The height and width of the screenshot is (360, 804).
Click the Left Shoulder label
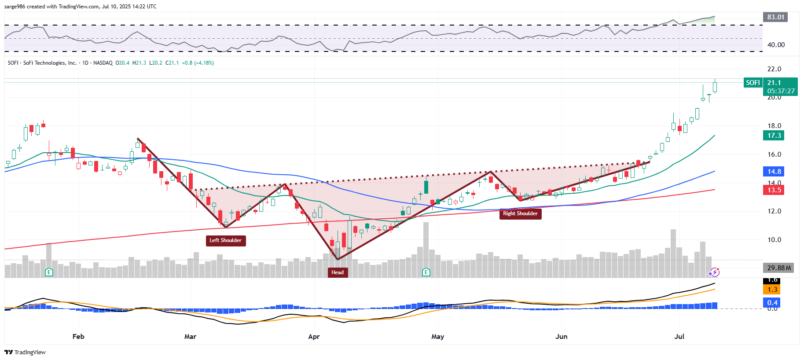[x=225, y=240]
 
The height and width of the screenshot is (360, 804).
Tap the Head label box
[x=338, y=272]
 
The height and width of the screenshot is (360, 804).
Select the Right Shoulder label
[x=520, y=213]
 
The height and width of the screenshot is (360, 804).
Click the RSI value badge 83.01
[x=775, y=17]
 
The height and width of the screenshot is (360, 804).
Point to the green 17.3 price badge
[x=774, y=136]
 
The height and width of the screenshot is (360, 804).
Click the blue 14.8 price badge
[x=774, y=172]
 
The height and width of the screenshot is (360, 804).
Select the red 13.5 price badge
[x=774, y=190]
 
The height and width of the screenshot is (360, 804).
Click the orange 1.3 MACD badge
[x=772, y=290]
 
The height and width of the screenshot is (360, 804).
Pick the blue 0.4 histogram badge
[x=772, y=302]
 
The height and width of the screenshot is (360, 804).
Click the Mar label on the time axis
[x=190, y=337]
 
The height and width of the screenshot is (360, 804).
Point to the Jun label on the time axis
[x=561, y=337]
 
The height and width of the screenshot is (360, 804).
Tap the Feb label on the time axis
[x=78, y=337]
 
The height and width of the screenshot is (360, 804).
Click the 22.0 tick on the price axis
[x=774, y=69]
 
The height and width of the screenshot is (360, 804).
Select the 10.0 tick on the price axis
[x=774, y=240]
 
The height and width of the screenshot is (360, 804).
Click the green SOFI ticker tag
[x=753, y=83]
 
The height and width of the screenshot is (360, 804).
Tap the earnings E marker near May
[x=426, y=272]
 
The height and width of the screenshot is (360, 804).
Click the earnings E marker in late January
[x=49, y=272]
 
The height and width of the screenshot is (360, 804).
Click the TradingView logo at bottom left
[x=25, y=352]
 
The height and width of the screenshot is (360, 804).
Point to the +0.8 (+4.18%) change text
[x=198, y=63]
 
